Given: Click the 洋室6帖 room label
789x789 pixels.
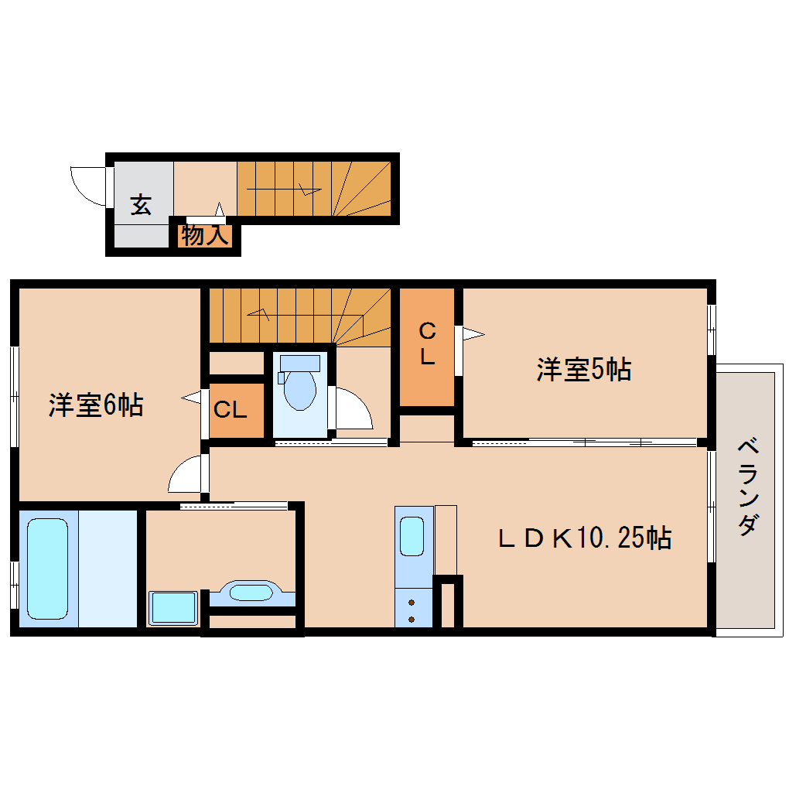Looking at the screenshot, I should (95, 405).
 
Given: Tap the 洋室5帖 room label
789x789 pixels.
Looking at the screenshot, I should (584, 370).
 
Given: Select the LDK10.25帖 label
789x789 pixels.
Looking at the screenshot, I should (584, 538).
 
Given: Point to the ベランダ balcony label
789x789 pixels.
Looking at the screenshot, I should (746, 487).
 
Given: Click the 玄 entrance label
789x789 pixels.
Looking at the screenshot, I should (140, 205).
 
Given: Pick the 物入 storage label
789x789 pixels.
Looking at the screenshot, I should (204, 235).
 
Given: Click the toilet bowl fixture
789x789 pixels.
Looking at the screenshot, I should (299, 390).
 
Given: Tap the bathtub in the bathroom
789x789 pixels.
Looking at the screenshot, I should (47, 569).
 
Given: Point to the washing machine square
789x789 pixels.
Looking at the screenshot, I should (173, 607).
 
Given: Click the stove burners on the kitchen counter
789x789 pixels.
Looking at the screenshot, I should (411, 610).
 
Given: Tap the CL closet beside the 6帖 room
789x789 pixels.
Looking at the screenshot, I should (230, 410).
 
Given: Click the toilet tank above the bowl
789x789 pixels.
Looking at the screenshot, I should (299, 362).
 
